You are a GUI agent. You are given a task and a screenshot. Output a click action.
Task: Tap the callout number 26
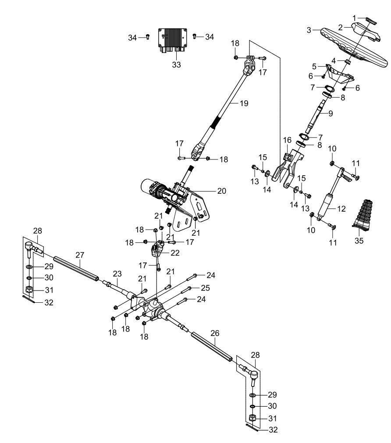coord(214,333)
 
